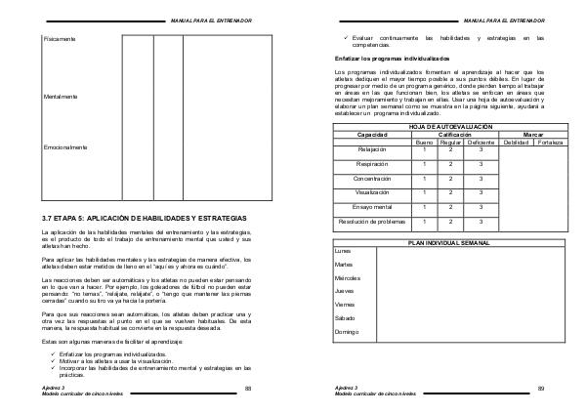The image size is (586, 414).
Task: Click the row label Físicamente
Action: pyautogui.click(x=60, y=38)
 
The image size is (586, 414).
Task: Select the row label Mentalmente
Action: pyautogui.click(x=62, y=97)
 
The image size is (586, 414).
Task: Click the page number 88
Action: pyautogui.click(x=248, y=389)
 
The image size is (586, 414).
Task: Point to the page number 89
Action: pyautogui.click(x=540, y=389)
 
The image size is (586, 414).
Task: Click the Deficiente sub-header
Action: pyautogui.click(x=481, y=143)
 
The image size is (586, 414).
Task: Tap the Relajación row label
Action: pyautogui.click(x=372, y=149)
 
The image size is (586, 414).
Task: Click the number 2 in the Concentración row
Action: pyautogui.click(x=451, y=179)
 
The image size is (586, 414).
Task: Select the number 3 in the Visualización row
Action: pyautogui.click(x=481, y=193)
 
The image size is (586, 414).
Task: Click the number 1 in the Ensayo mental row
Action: pyautogui.click(x=424, y=207)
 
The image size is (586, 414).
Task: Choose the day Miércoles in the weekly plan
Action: pyautogui.click(x=347, y=278)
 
